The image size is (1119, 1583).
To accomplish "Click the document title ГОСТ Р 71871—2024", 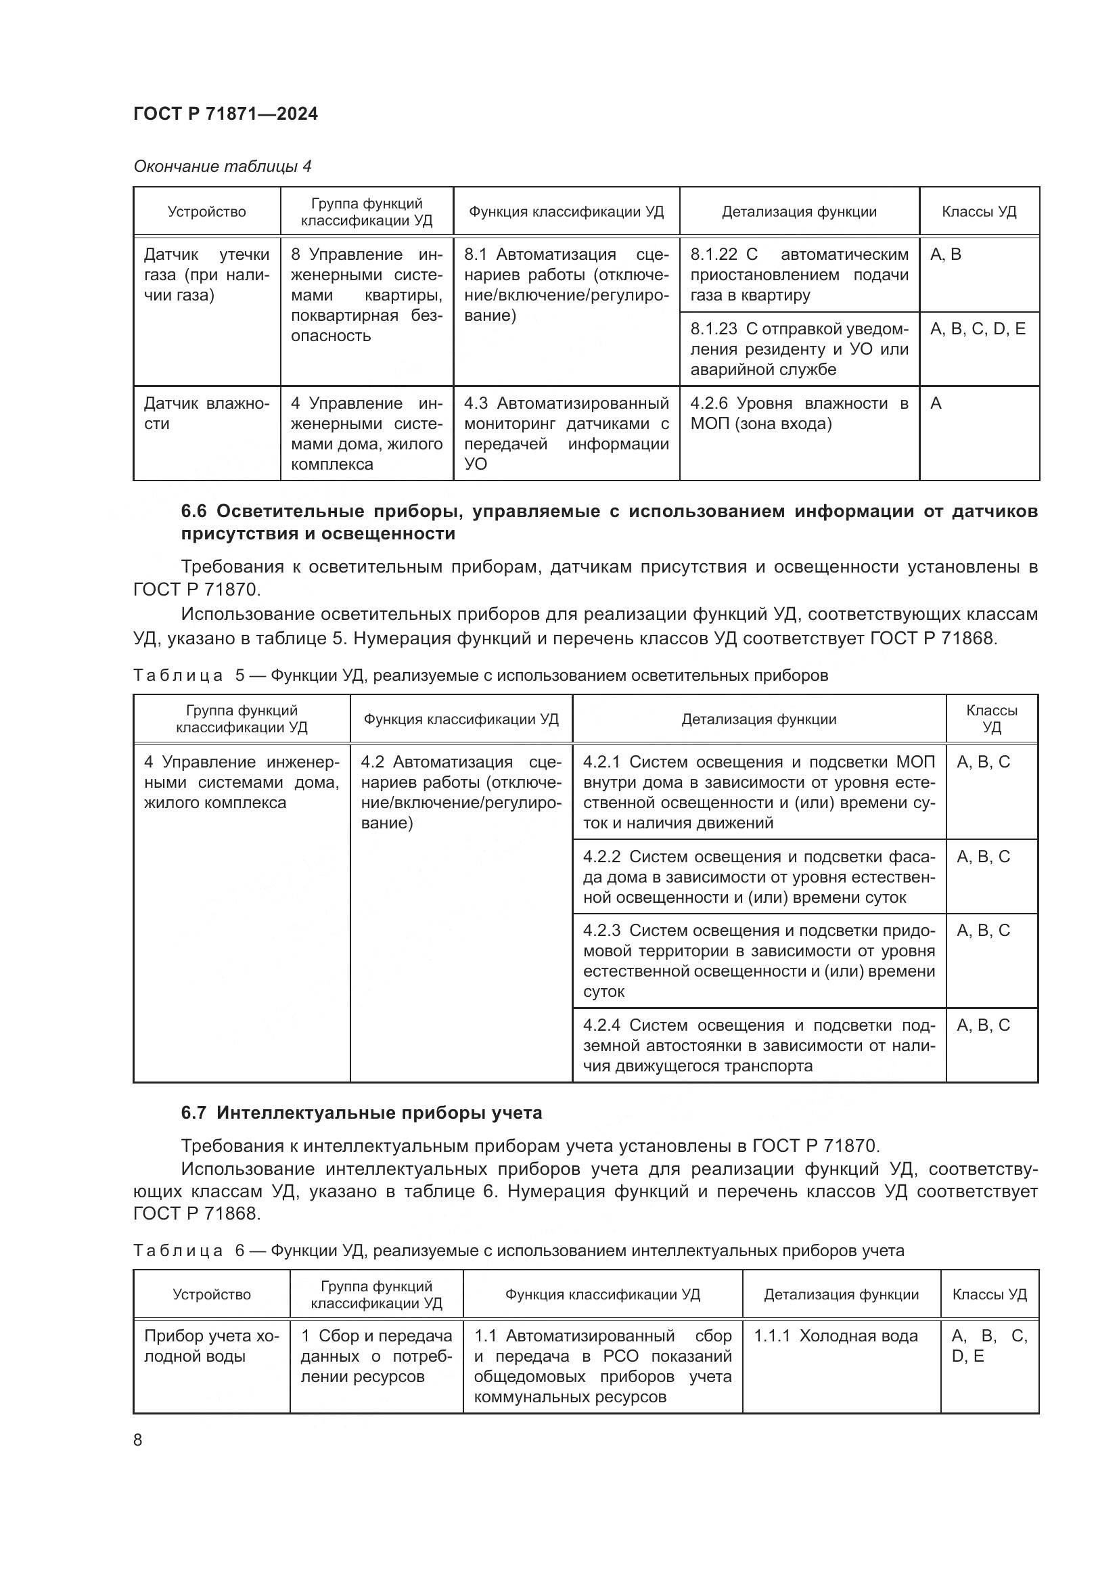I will (x=225, y=114).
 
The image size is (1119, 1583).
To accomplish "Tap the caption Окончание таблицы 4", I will (x=222, y=166).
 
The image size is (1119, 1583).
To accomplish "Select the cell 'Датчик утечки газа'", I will (x=206, y=275).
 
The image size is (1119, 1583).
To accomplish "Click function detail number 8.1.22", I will (x=714, y=254).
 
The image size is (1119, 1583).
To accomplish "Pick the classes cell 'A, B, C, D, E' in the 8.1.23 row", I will (x=977, y=329).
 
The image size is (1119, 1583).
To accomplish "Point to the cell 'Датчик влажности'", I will (x=206, y=413).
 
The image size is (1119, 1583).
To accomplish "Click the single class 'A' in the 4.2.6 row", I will (x=936, y=403).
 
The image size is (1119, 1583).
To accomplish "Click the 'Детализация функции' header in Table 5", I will (x=758, y=719).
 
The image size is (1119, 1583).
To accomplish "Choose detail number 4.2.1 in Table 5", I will (x=601, y=762).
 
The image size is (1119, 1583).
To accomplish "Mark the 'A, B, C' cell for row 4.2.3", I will (x=982, y=931).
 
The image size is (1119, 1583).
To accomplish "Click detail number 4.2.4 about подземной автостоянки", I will (x=601, y=1025).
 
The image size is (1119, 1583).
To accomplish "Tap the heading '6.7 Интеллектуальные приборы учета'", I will (x=361, y=1113).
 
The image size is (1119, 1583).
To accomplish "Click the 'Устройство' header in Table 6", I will (x=212, y=1295).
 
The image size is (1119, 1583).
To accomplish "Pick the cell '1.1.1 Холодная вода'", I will (x=835, y=1336).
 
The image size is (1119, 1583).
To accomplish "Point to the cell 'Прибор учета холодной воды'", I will (x=211, y=1346).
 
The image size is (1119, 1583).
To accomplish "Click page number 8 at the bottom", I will (x=138, y=1440).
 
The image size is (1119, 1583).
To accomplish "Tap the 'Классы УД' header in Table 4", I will (x=978, y=212).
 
